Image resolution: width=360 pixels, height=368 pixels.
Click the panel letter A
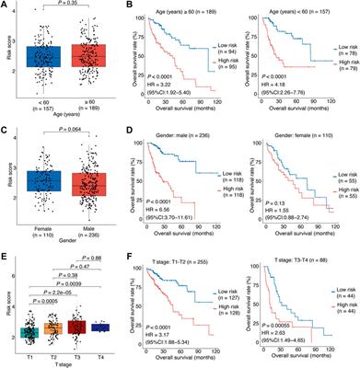6,6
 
